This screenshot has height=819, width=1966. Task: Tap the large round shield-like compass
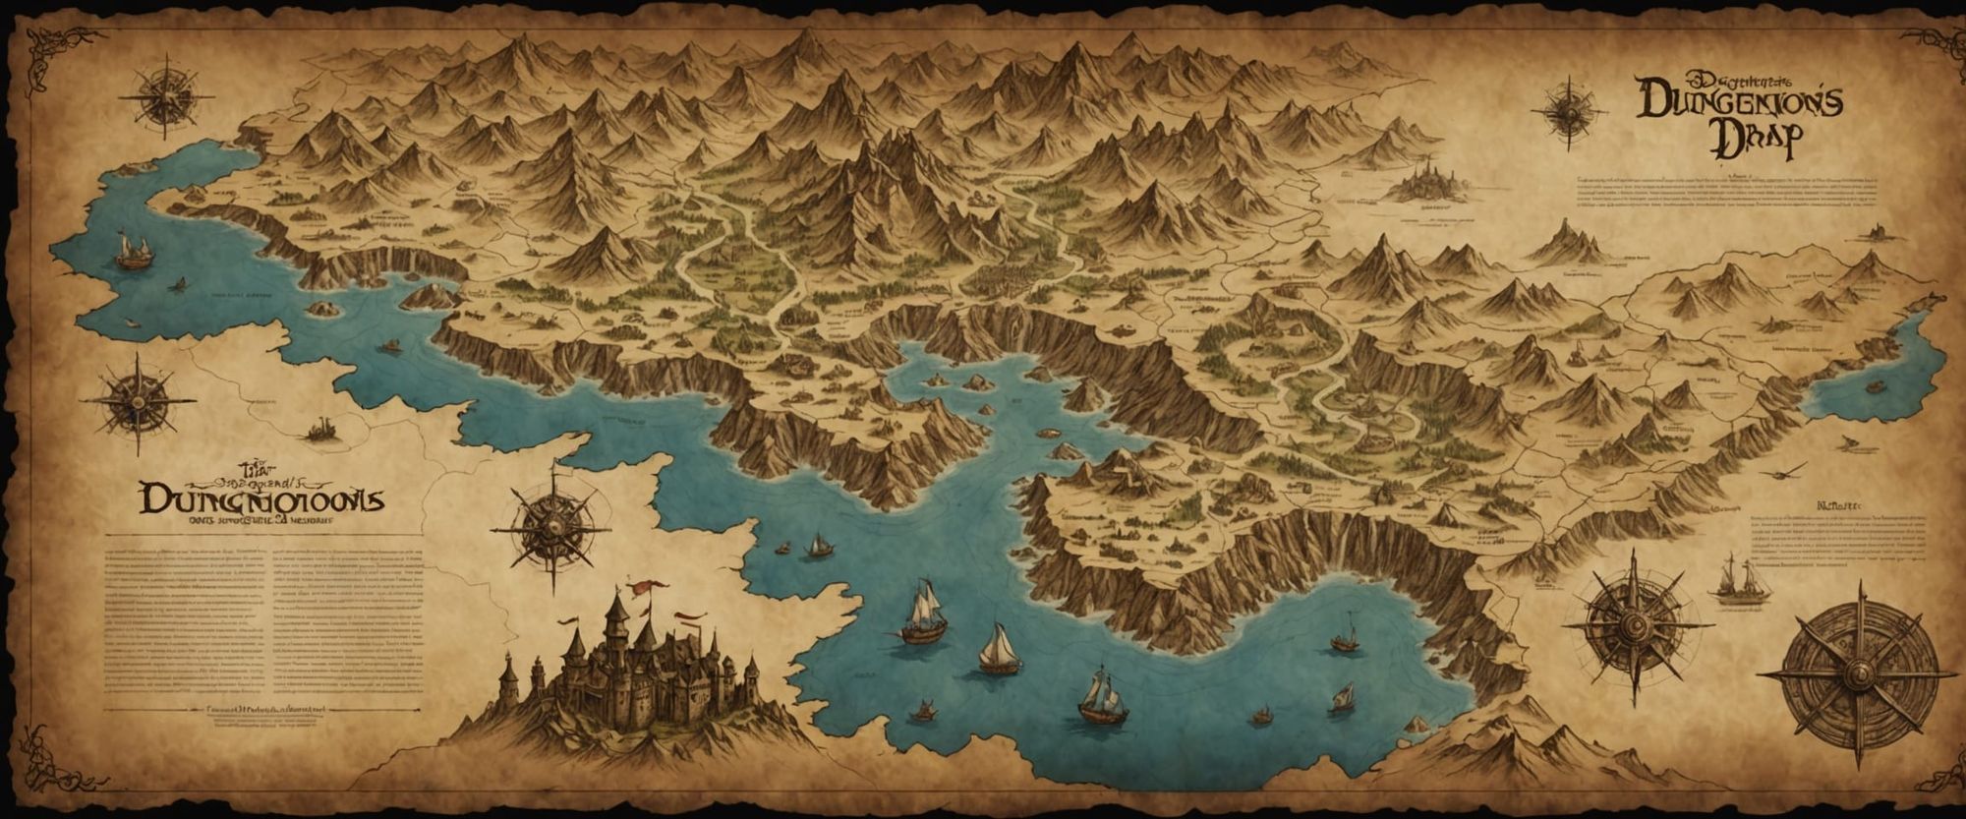(1856, 674)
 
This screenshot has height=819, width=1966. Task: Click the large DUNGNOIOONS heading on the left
(261, 499)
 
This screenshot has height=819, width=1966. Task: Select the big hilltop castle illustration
(629, 669)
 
